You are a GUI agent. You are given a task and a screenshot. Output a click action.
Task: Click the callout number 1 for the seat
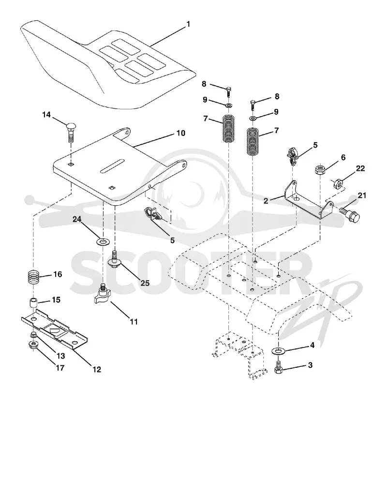pyautogui.click(x=188, y=24)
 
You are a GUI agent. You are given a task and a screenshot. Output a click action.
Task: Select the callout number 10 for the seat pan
pyautogui.click(x=180, y=133)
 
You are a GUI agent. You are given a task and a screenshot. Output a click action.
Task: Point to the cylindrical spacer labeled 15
pyautogui.click(x=33, y=303)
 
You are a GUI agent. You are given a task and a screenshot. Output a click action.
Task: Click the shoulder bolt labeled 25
pyautogui.click(x=115, y=259)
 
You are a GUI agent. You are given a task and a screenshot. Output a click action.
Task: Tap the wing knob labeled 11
pyautogui.click(x=103, y=295)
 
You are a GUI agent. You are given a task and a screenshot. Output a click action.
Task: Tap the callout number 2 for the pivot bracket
pyautogui.click(x=266, y=201)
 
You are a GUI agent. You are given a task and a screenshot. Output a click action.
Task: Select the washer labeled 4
pyautogui.click(x=279, y=350)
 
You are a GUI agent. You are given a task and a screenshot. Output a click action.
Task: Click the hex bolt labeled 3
pyautogui.click(x=279, y=368)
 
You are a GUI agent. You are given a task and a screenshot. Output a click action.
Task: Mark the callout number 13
pyautogui.click(x=60, y=356)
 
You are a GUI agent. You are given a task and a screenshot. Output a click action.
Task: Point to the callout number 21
pyautogui.click(x=362, y=196)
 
